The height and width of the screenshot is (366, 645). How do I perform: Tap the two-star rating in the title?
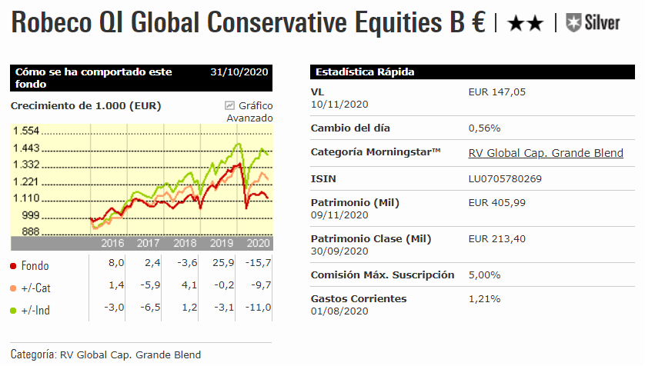tap(526, 24)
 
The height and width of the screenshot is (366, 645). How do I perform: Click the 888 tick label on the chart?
tap(30, 231)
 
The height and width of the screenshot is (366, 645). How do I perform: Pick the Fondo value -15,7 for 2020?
tap(257, 263)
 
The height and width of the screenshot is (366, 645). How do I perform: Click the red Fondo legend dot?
tap(13, 266)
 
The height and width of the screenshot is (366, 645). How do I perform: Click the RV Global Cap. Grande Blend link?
tap(546, 152)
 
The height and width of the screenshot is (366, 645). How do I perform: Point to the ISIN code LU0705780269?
tap(505, 178)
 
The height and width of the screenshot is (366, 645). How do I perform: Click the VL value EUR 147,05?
tap(497, 92)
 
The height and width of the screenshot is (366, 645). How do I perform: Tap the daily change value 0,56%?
tap(484, 128)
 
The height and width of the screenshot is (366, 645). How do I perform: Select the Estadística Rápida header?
tap(365, 72)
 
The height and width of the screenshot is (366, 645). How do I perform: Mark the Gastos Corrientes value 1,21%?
tap(484, 298)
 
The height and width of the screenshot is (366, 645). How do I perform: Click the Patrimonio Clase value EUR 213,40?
tap(497, 238)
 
